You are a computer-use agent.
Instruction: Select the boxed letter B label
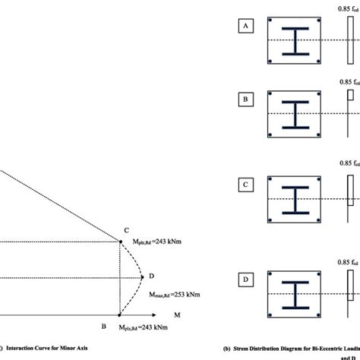[x=245, y=99]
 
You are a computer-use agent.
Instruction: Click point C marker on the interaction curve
[x=120, y=242]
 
